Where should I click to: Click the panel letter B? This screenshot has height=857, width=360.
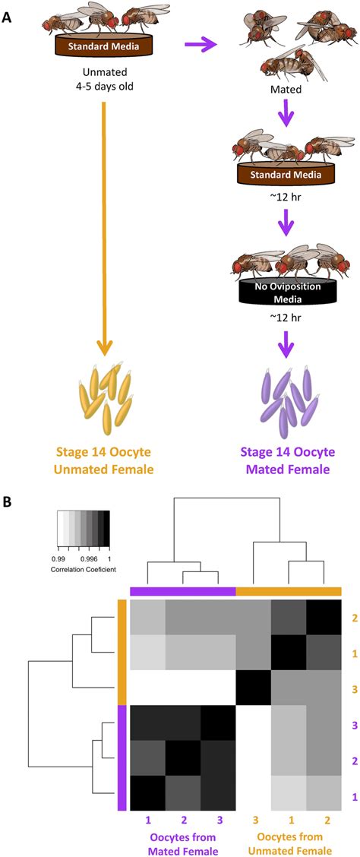(x=10, y=502)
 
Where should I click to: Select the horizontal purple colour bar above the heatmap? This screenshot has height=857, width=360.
(x=183, y=590)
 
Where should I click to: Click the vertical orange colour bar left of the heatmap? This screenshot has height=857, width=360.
(x=121, y=643)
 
